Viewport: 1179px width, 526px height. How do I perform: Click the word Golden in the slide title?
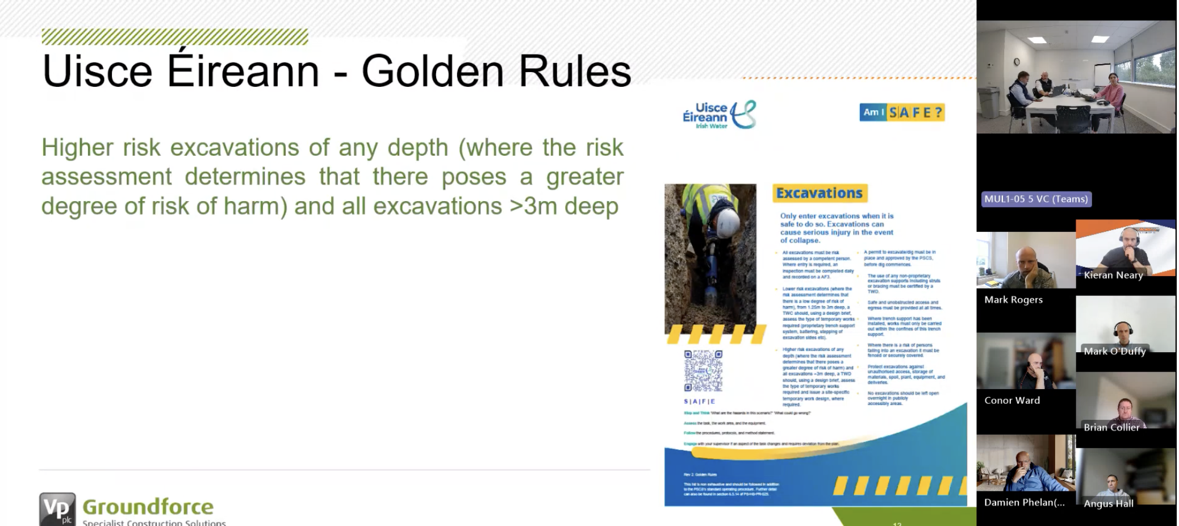(432, 72)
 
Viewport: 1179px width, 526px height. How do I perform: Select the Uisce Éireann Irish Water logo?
(719, 115)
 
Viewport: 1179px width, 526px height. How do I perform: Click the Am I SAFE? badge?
(901, 112)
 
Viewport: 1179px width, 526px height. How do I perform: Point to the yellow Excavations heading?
(819, 193)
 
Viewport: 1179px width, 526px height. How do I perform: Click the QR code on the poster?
(703, 370)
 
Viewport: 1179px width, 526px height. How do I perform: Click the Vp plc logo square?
(57, 508)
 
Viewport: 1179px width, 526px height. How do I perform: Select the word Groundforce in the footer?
(148, 506)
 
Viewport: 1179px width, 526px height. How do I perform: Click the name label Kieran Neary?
(1113, 275)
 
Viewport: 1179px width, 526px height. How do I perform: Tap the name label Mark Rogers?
(1013, 299)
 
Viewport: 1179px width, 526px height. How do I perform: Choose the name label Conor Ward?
(1012, 400)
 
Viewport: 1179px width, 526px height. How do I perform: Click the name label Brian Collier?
(1111, 427)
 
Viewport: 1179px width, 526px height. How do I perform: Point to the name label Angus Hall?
(1108, 503)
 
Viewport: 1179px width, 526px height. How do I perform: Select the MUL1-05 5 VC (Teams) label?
(1036, 199)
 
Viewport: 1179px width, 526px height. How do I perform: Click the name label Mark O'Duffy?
(1114, 351)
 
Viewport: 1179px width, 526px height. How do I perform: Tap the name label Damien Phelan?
(1024, 502)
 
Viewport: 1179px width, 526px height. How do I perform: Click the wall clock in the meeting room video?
(1017, 62)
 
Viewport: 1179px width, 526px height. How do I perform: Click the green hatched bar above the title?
(174, 37)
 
